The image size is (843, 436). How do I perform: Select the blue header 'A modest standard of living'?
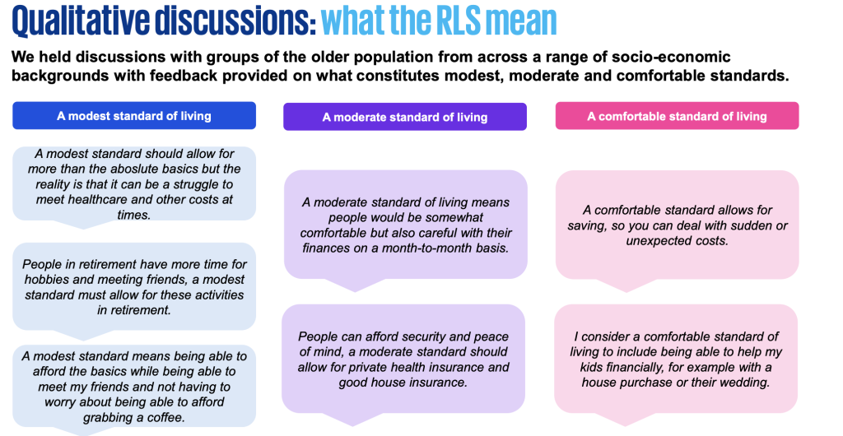tap(134, 115)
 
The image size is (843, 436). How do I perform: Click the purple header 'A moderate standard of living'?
tap(405, 117)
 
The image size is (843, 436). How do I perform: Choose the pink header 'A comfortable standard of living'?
tap(677, 116)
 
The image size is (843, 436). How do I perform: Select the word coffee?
tap(164, 417)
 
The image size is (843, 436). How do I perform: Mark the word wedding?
tap(746, 383)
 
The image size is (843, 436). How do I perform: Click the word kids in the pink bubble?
tap(591, 367)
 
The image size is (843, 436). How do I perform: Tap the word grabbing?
tap(105, 417)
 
